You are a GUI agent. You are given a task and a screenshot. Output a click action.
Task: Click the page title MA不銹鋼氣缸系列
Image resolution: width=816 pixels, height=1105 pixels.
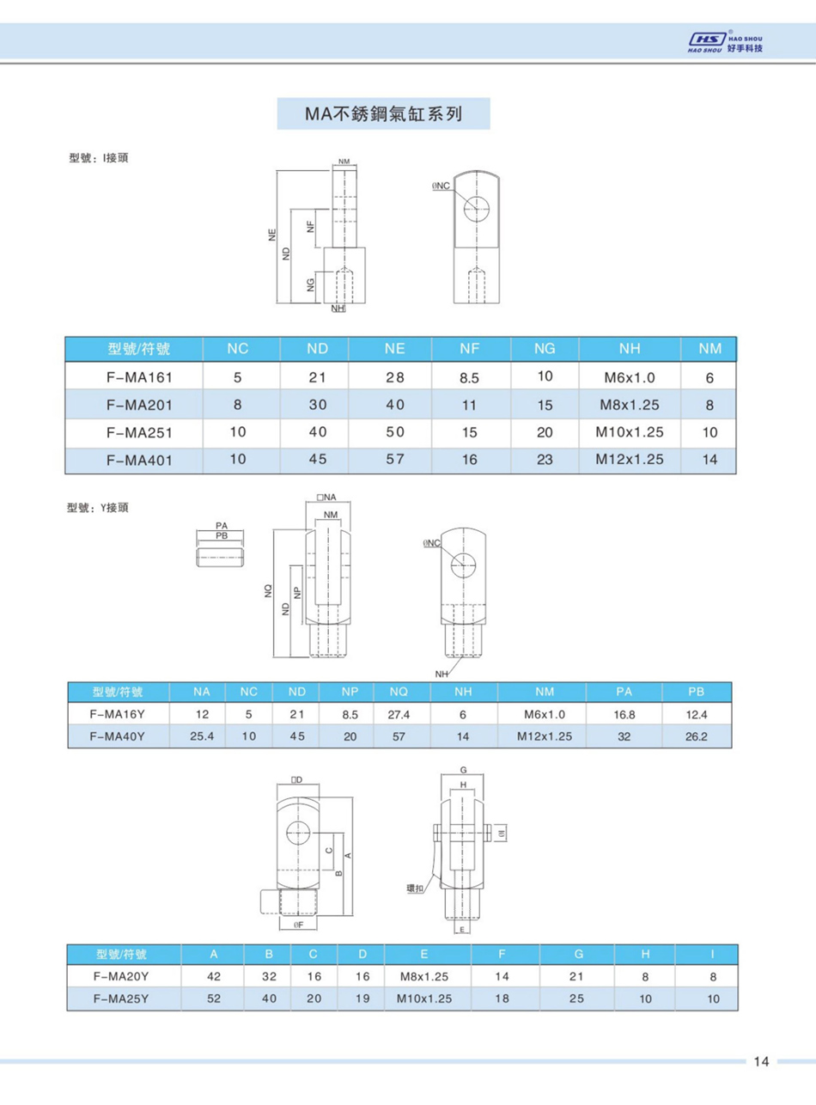[x=383, y=113]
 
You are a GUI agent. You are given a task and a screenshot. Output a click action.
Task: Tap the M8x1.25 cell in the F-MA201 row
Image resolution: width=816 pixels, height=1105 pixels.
[x=630, y=404]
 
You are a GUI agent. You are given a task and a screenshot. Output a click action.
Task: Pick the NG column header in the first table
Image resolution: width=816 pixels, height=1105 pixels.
[x=544, y=350]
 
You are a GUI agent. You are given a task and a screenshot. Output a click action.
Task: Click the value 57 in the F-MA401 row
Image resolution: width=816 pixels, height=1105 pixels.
[x=394, y=459]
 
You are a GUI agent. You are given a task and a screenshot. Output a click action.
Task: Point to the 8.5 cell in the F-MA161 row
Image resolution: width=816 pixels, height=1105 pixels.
[x=469, y=377]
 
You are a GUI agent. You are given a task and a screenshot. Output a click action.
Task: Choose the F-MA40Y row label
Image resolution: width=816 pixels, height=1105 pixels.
[x=118, y=736]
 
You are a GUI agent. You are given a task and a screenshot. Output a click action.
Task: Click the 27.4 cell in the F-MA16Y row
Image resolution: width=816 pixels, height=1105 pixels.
[x=399, y=714]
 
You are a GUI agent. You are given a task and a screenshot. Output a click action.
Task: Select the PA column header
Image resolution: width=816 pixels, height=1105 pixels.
[x=624, y=692]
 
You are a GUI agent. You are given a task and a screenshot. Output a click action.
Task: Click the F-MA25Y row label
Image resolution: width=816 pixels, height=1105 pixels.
[x=121, y=998]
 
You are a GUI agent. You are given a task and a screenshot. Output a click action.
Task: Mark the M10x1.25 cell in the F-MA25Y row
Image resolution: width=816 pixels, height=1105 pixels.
[x=424, y=998]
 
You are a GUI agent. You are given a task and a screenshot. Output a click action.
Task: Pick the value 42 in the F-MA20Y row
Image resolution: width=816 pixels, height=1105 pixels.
[x=214, y=976]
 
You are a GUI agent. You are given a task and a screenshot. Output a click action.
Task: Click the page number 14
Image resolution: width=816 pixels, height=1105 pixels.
[x=760, y=1062]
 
